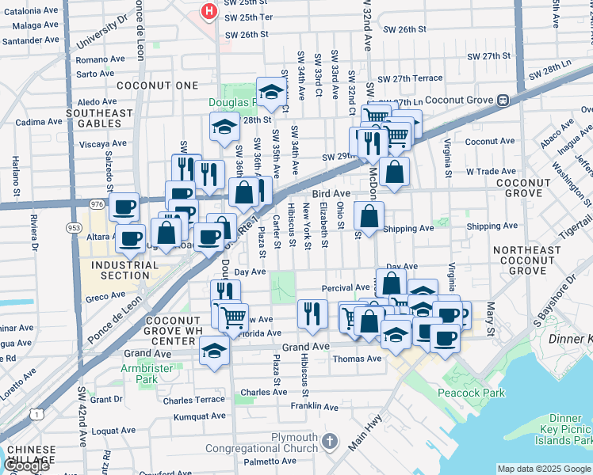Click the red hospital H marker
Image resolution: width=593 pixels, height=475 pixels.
[209, 12]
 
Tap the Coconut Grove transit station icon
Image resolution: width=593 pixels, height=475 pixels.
[502, 101]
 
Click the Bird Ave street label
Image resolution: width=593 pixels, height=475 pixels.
[331, 193]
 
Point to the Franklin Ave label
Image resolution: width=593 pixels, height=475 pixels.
[315, 407]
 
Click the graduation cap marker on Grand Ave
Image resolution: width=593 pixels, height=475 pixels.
[213, 349]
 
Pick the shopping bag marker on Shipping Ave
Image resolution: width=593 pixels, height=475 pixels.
[369, 215]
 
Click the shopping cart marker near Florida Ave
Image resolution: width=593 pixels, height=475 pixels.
[232, 317]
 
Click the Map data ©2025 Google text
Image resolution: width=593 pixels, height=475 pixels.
[543, 469]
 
